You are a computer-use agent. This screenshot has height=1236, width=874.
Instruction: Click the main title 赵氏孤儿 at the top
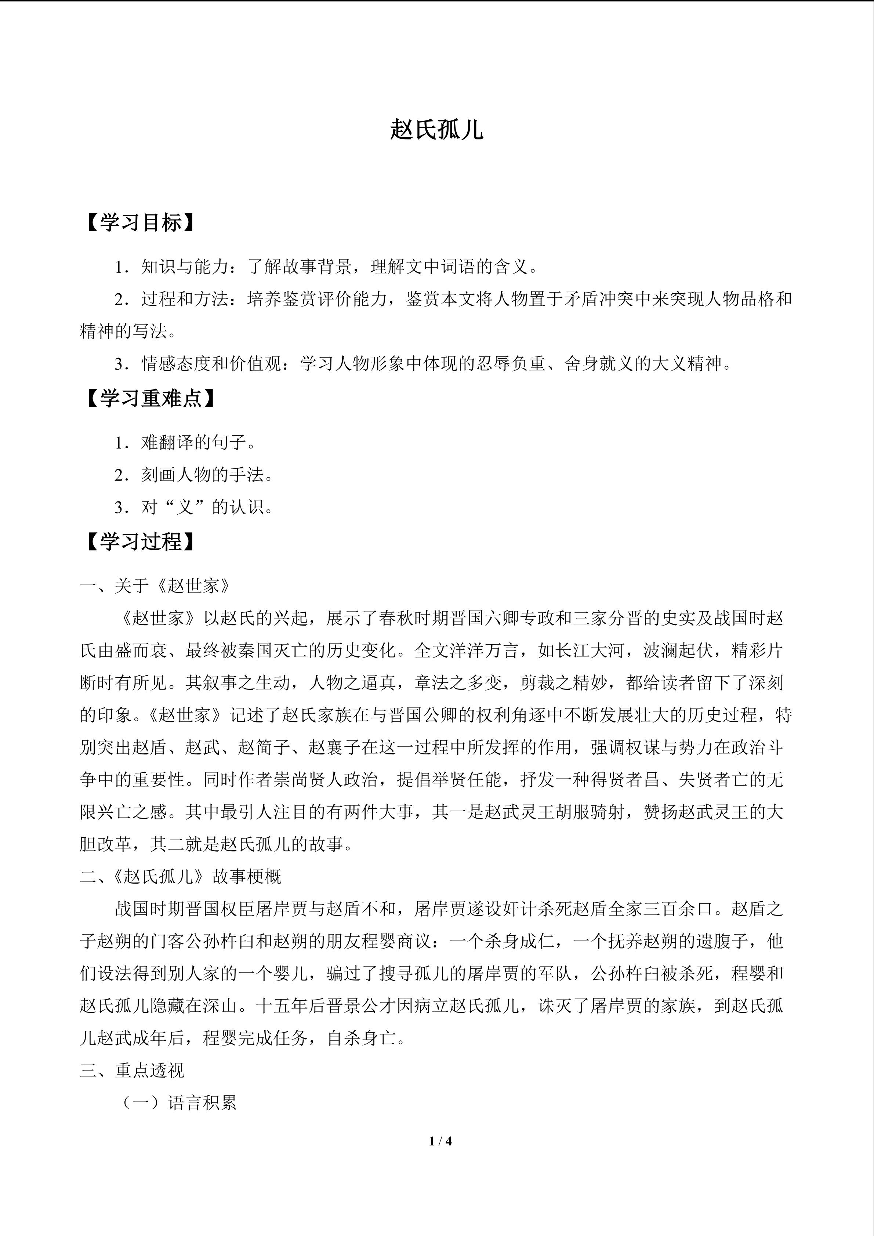pyautogui.click(x=436, y=130)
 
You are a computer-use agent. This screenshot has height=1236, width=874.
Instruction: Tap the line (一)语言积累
pyautogui.click(x=178, y=1103)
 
